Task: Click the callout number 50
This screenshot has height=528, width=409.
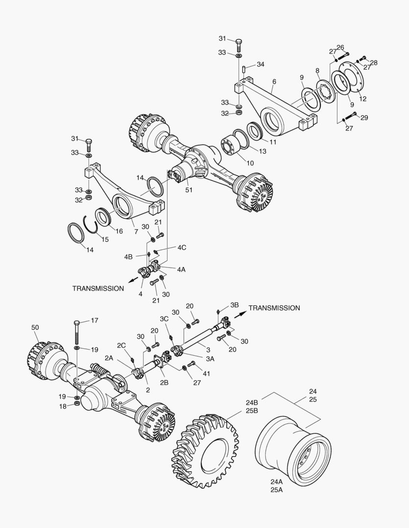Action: coord(35,327)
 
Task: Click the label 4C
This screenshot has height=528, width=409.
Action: coord(181,247)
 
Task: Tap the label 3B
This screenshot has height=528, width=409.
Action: coord(234,305)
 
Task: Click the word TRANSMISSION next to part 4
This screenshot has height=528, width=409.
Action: coord(98,288)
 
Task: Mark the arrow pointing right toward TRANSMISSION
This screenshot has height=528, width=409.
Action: coord(240,313)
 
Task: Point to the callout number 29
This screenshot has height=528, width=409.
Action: coord(365,118)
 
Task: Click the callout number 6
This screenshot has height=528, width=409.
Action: coord(274,81)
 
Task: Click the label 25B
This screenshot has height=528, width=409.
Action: coord(252,411)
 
